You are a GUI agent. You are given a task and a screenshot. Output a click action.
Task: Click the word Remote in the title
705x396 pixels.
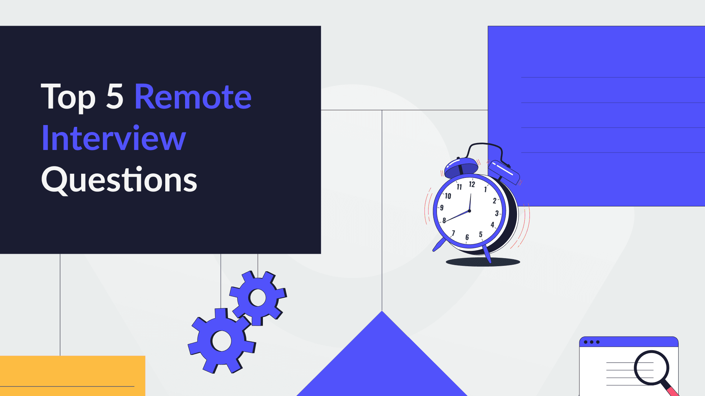pyautogui.click(x=193, y=97)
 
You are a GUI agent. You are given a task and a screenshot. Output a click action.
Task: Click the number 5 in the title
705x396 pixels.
pyautogui.click(x=115, y=97)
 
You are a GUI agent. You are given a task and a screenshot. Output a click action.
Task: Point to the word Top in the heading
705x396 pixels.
pyautogui.click(x=68, y=97)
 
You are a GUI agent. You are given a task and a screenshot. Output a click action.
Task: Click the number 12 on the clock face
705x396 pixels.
pyautogui.click(x=472, y=184)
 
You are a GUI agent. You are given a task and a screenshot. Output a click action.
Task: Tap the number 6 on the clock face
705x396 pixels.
pyautogui.click(x=467, y=237)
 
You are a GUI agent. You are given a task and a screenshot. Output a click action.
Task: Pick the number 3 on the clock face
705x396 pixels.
pyautogui.click(x=497, y=213)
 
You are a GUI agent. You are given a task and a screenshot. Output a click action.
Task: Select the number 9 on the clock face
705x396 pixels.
pyautogui.click(x=442, y=208)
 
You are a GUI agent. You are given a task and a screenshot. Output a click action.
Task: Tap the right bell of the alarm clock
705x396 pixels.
pyautogui.click(x=504, y=172)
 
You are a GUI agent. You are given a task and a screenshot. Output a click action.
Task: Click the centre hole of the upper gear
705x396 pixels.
pyautogui.click(x=258, y=298)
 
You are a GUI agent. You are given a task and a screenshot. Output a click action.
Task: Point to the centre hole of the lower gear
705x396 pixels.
pyautogui.click(x=221, y=341)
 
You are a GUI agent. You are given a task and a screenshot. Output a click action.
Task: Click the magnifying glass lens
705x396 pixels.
pyautogui.click(x=651, y=367)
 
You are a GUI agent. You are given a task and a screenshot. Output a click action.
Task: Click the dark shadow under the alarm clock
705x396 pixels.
pyautogui.click(x=483, y=262)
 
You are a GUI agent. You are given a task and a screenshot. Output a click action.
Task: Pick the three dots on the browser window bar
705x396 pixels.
pyautogui.click(x=592, y=342)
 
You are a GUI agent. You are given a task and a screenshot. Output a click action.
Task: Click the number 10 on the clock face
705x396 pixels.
pyautogui.click(x=448, y=196)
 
